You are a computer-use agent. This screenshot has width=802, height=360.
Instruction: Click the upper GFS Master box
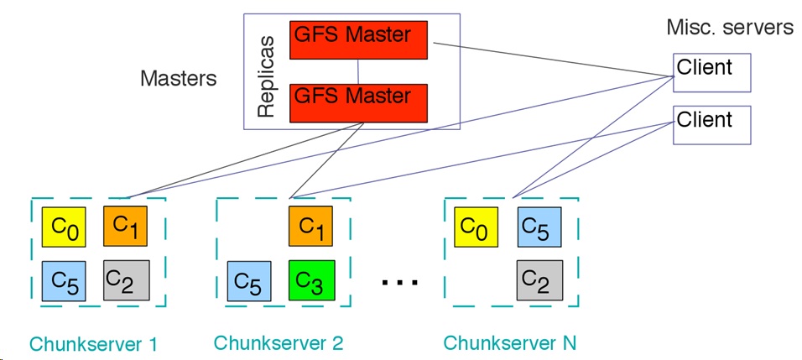[358, 40]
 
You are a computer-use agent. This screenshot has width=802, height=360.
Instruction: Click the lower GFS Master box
[358, 102]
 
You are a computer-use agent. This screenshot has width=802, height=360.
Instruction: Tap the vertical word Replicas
[266, 76]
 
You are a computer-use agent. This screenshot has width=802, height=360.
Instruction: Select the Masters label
[179, 79]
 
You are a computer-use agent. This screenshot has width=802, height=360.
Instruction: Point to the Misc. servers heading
[730, 28]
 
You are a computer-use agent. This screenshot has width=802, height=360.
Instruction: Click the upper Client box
[711, 73]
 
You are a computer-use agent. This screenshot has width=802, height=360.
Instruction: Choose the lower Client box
[711, 125]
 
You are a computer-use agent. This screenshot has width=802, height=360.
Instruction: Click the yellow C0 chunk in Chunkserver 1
[64, 227]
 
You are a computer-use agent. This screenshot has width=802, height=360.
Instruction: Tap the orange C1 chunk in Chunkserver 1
[125, 226]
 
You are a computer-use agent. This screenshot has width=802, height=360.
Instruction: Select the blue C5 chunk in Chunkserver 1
[64, 281]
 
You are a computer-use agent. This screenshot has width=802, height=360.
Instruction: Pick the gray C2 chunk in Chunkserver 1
[127, 280]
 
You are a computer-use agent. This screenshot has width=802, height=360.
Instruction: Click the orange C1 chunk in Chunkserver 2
[310, 226]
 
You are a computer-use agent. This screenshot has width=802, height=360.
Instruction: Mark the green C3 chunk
[311, 280]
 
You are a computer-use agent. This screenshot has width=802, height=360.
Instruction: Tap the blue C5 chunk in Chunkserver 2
[249, 281]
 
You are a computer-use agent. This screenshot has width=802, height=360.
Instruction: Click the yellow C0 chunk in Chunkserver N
[477, 227]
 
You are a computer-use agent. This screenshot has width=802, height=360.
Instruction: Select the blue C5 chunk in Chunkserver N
[539, 227]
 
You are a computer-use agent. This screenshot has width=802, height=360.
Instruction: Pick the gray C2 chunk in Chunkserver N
[540, 280]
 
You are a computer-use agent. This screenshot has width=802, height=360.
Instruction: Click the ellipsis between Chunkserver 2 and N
[400, 282]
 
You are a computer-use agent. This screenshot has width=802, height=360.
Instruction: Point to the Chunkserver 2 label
[279, 342]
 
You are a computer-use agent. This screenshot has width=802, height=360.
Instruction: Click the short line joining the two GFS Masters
[358, 71]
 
